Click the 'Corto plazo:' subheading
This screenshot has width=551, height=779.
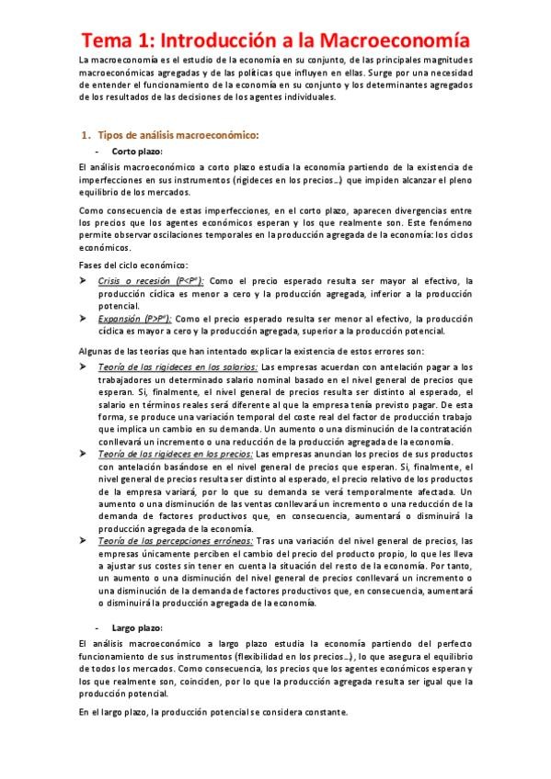(136, 151)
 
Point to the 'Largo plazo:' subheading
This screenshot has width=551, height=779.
(137, 627)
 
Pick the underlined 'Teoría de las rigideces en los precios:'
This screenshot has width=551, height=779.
(176, 454)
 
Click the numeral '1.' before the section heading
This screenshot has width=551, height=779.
(87, 135)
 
